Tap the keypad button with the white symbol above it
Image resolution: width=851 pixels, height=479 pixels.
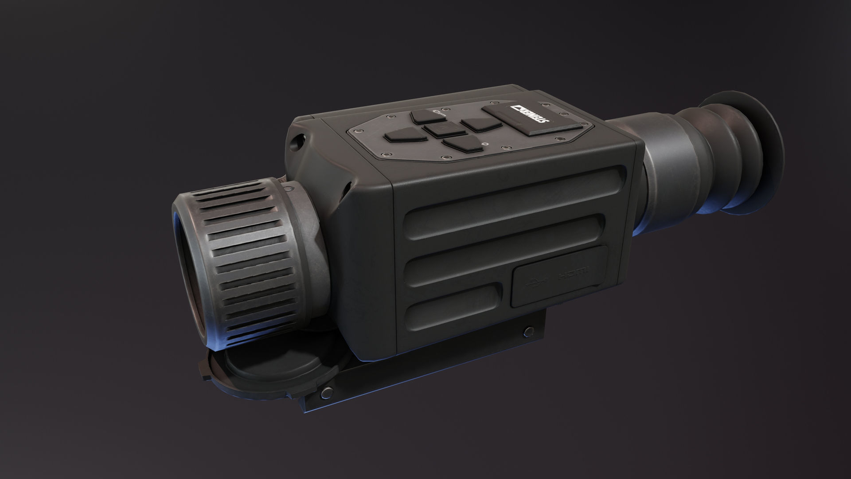(424, 116)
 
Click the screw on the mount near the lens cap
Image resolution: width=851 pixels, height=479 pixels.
(328, 391)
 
